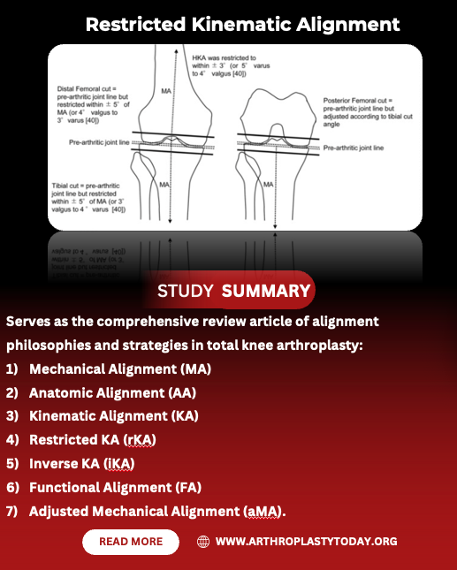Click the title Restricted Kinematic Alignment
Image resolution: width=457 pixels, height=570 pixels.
[242, 24]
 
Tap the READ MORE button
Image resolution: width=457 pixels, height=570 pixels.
[131, 542]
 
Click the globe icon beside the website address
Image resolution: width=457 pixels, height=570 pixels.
[203, 542]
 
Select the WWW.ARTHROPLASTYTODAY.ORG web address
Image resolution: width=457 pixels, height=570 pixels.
[306, 542]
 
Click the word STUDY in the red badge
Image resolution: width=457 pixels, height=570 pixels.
[186, 291]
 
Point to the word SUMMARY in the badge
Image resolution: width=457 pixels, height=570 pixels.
[266, 291]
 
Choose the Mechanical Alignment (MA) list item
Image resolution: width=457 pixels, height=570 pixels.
[120, 369]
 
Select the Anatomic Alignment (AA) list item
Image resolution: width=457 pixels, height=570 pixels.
[112, 392]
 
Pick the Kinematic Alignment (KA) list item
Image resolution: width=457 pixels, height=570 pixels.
[113, 415]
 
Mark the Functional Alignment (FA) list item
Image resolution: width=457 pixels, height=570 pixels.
[117, 487]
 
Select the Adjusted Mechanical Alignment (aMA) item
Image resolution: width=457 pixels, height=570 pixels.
[157, 511]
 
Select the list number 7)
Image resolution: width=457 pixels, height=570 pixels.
[12, 511]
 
